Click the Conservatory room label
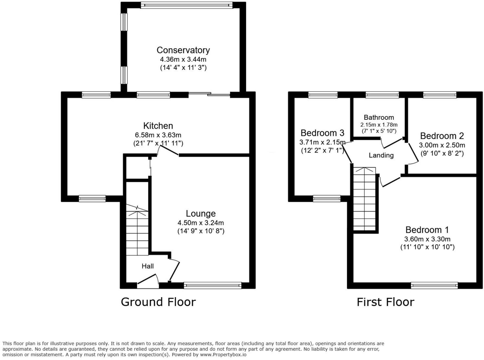coord(183,50)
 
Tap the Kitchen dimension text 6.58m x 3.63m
coord(158,135)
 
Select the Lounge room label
coord(200,214)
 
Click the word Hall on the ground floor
coord(148,266)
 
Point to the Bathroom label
coord(379,117)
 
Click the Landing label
coord(381,155)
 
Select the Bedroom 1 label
coord(427,230)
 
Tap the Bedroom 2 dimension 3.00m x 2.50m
coord(442,145)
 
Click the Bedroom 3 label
coord(322,133)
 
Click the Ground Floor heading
coord(158,302)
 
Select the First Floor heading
coord(385,302)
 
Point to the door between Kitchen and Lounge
coord(168,150)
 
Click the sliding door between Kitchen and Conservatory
coord(209,94)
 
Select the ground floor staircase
coord(137,230)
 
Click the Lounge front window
coord(212,285)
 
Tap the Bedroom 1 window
coord(434,285)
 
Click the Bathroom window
coord(382,95)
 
